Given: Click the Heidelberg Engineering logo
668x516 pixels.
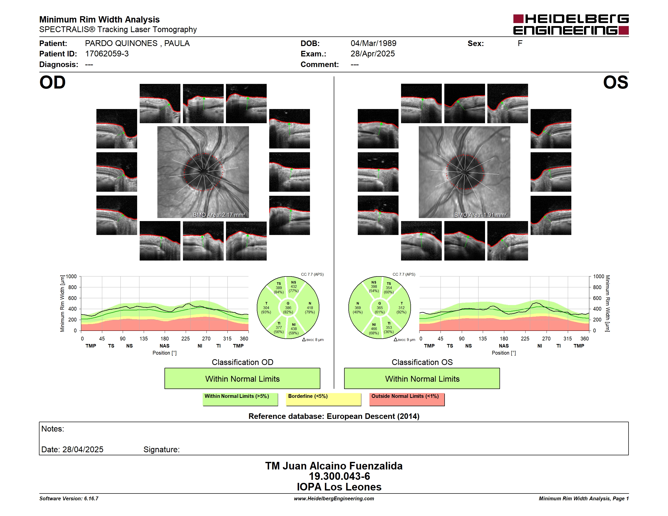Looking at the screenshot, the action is pos(571,25).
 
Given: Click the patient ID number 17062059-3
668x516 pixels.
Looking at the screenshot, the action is pos(107,54).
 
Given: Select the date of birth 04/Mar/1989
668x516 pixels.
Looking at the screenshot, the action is pos(373,44).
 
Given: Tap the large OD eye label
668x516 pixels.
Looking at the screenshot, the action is pos(52,82).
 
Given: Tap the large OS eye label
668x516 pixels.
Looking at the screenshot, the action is pos(615,82).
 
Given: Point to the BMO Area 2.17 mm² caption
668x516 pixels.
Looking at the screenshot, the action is pos(219,215).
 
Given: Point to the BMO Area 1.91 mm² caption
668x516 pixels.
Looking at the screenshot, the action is pos(481,215).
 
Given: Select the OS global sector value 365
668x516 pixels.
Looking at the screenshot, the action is pos(380,308).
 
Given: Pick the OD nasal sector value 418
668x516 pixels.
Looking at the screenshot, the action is pos(310,308).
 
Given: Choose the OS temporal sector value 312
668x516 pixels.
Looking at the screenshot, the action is pos(401,308).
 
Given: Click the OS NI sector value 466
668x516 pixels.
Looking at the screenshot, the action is pos(374,329).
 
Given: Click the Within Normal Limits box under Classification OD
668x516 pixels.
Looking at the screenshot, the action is pos(242,378).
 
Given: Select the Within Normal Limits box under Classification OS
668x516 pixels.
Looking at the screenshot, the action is pos(422,378).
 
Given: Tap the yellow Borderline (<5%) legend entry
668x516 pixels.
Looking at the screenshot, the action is pos(324,399).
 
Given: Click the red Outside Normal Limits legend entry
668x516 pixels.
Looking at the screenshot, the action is pos(407,399).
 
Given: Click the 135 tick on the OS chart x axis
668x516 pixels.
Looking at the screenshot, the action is pos(483,339).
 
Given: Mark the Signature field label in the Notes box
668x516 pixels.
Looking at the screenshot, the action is pos(161,449).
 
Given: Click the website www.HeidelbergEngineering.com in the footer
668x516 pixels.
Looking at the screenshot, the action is pos(334,499).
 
